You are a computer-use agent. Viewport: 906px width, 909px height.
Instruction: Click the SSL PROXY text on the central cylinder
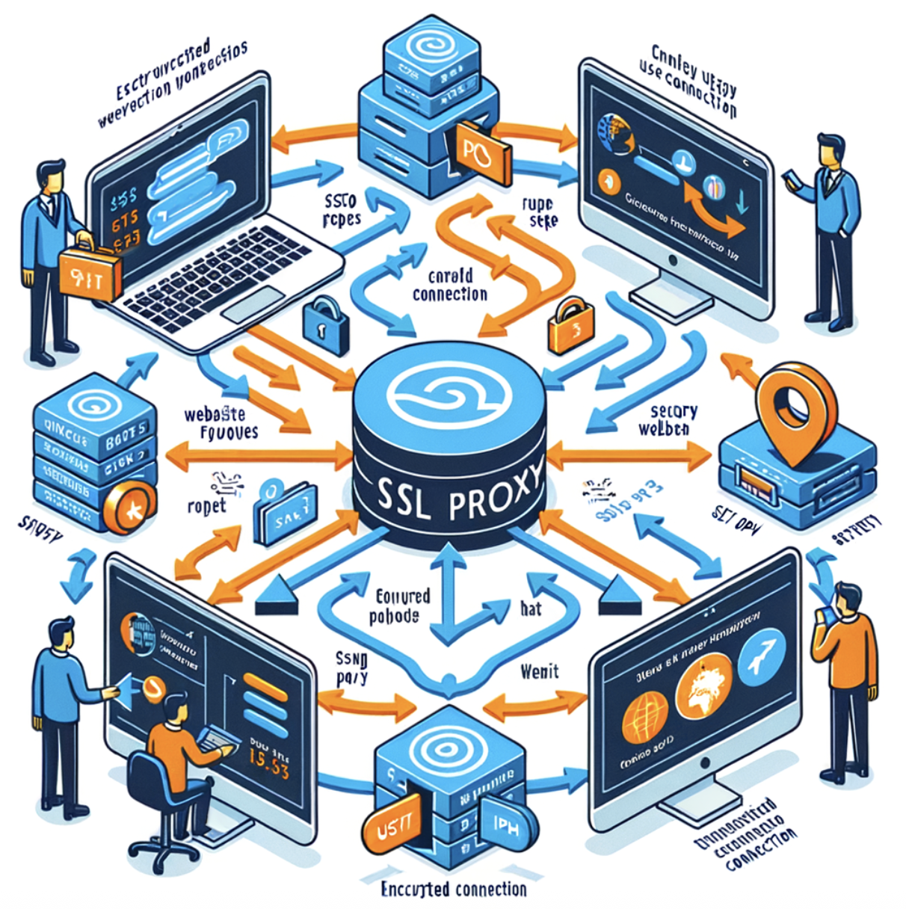pyautogui.click(x=449, y=494)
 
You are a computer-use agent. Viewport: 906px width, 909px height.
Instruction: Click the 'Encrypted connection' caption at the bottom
pyautogui.click(x=453, y=889)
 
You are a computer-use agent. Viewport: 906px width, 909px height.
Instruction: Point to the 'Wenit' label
pyautogui.click(x=539, y=671)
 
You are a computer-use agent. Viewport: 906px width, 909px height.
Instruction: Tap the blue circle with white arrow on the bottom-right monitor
pyautogui.click(x=762, y=653)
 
